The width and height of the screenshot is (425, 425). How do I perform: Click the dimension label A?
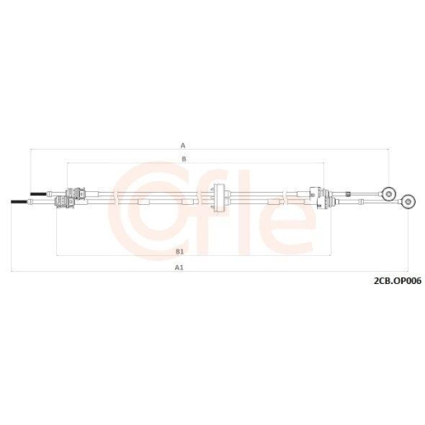coord(183,145)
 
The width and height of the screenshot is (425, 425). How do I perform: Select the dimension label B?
coord(184,159)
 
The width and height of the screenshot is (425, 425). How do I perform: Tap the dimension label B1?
coord(179,252)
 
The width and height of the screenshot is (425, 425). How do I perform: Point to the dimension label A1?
coord(179,267)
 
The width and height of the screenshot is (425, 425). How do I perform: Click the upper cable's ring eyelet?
coord(389,194)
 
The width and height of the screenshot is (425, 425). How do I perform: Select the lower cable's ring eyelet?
coord(408,201)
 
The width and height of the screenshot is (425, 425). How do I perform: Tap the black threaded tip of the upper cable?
coord(38,194)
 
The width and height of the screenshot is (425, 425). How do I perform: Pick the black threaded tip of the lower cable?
coord(20,201)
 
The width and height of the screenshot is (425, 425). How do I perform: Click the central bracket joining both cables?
coord(218,197)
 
